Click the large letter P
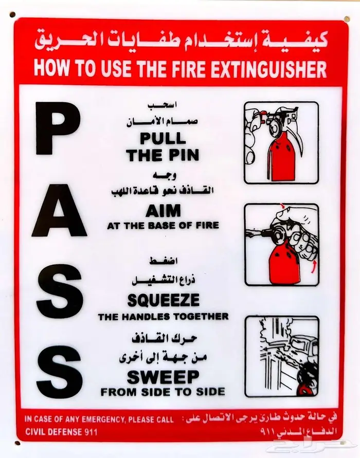[x=57, y=129]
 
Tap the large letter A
[x=59, y=210]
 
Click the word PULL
[x=163, y=138]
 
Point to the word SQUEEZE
[x=164, y=300]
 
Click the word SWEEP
[x=163, y=377]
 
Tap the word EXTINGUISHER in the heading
[x=268, y=69]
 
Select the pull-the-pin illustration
[x=281, y=142]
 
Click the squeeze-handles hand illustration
[x=282, y=245]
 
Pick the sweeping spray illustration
[x=282, y=356]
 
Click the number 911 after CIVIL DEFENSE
[x=89, y=432]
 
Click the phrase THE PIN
[x=163, y=155]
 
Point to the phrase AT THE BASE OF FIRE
[x=163, y=226]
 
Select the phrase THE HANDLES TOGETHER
[x=163, y=317]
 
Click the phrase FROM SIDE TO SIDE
[x=163, y=392]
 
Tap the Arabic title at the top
[x=181, y=40]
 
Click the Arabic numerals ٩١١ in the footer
[x=267, y=432]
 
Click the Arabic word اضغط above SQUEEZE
[x=164, y=261]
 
